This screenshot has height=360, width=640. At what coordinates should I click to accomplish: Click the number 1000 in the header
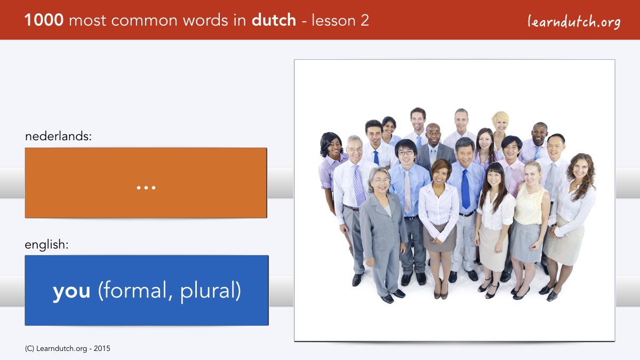tap(44, 20)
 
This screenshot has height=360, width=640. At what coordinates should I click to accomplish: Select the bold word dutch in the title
tap(274, 20)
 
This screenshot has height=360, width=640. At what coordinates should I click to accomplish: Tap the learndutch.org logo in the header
tap(574, 22)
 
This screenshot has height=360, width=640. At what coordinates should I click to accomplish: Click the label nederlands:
tap(58, 136)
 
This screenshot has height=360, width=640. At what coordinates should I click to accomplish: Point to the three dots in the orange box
tap(146, 188)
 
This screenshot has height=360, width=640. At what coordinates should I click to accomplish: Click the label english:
tap(46, 245)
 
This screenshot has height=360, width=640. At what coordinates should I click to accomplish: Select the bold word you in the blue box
tap(71, 291)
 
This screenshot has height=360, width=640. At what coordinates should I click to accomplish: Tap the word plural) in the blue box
tap(211, 291)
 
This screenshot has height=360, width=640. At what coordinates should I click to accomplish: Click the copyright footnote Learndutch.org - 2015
tap(67, 349)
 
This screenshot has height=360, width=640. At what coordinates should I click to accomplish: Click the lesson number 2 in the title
tap(364, 20)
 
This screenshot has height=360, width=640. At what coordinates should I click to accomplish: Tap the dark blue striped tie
tap(466, 189)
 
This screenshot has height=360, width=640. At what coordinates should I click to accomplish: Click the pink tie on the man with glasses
tap(407, 191)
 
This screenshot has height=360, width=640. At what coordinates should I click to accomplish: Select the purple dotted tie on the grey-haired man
tap(359, 185)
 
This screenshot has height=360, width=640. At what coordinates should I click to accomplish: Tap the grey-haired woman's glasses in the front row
tap(381, 181)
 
